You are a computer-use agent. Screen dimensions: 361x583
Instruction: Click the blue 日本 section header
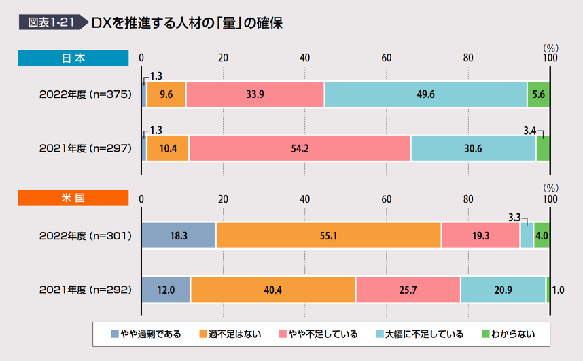pyautogui.click(x=73, y=58)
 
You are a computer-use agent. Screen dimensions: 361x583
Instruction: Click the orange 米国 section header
pyautogui.click(x=73, y=198)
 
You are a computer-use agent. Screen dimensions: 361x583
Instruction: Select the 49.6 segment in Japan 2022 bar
pyautogui.click(x=426, y=94)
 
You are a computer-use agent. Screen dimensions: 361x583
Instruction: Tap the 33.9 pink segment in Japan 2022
pyautogui.click(x=255, y=94)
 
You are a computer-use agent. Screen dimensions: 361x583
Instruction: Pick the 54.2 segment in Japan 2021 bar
pyautogui.click(x=300, y=148)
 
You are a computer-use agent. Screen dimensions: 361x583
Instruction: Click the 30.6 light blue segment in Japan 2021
pyautogui.click(x=473, y=148)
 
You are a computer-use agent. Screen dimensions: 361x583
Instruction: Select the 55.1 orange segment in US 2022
pyautogui.click(x=329, y=235)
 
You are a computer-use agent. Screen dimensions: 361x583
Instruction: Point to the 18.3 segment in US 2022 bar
pyautogui.click(x=179, y=235)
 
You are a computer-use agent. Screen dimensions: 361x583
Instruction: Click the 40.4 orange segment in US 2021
pyautogui.click(x=273, y=289)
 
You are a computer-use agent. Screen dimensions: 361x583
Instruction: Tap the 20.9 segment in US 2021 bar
pyautogui.click(x=503, y=289)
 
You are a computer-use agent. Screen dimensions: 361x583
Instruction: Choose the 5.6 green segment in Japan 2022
pyautogui.click(x=538, y=94)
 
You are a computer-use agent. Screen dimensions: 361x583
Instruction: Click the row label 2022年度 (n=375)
pyautogui.click(x=86, y=94)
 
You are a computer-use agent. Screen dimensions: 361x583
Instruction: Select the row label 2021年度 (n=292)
pyautogui.click(x=86, y=289)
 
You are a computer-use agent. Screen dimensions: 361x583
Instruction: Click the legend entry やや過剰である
pyautogui.click(x=147, y=334)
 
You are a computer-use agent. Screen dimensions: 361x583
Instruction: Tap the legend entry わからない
pyautogui.click(x=508, y=334)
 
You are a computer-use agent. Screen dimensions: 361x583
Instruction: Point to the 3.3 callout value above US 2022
pyautogui.click(x=514, y=218)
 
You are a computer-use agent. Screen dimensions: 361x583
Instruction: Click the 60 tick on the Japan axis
pyautogui.click(x=386, y=58)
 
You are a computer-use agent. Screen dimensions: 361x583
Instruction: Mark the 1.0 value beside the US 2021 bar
pyautogui.click(x=558, y=290)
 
